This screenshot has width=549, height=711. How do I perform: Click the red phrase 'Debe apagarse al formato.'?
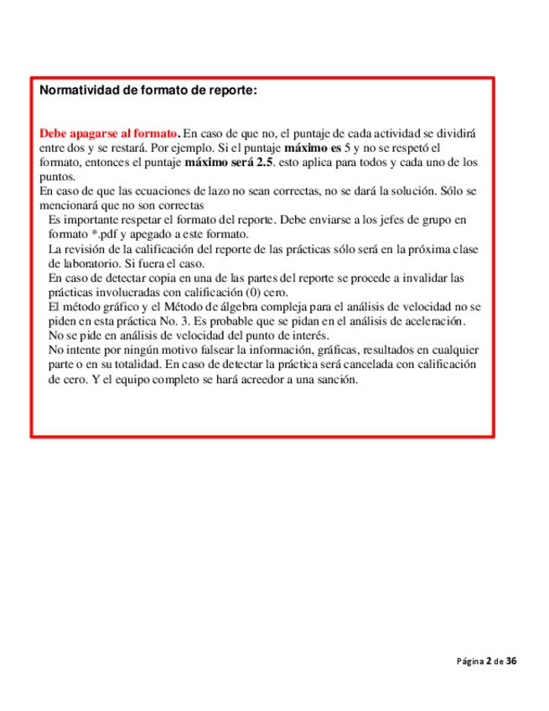[109, 133]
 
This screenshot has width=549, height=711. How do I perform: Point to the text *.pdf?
[103, 234]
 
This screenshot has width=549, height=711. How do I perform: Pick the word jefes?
[406, 220]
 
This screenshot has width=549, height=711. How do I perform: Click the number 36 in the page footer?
[511, 662]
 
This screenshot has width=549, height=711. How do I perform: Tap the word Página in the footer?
[470, 662]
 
